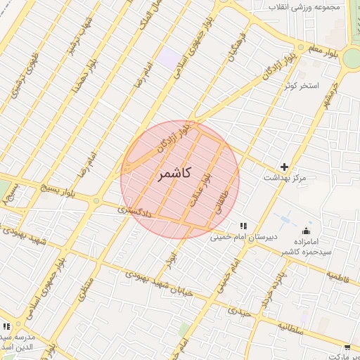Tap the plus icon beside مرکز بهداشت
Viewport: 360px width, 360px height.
(x=284, y=167)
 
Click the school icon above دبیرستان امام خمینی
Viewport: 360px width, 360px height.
(x=243, y=226)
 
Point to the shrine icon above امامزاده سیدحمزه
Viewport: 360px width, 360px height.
(x=306, y=231)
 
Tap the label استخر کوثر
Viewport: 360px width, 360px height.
(x=302, y=86)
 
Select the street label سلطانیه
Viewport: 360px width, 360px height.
(x=290, y=326)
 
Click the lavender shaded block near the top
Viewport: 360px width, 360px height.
(x=168, y=57)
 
